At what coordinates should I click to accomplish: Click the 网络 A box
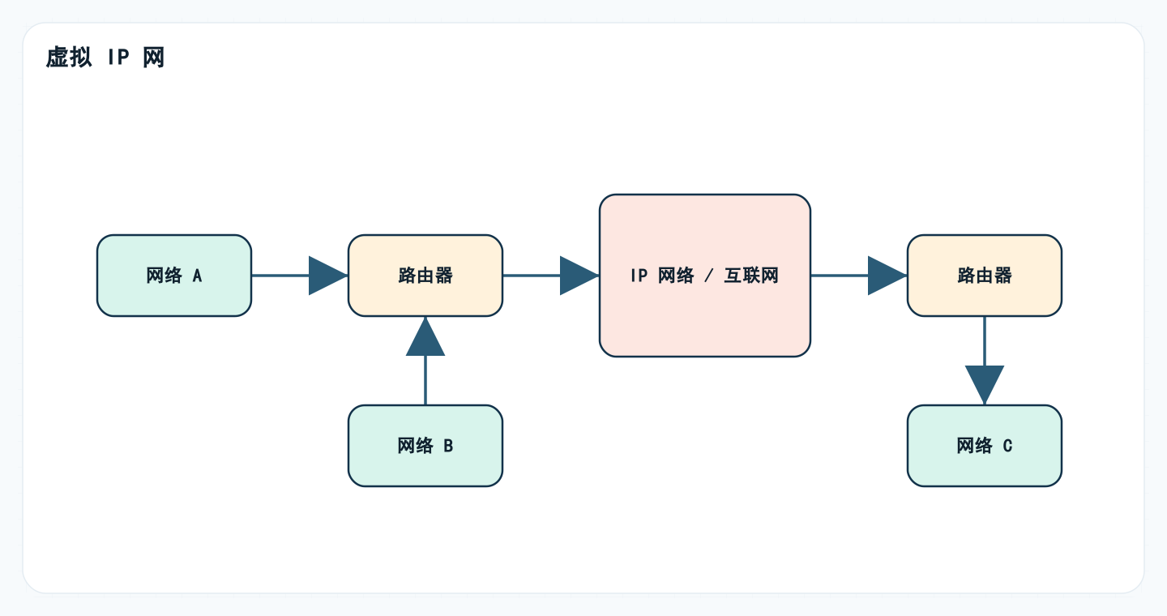pyautogui.click(x=174, y=276)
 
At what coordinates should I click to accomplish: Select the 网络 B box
pyautogui.click(x=425, y=446)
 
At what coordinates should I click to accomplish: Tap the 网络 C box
pyautogui.click(x=985, y=446)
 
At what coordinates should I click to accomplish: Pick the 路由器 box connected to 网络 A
pyautogui.click(x=425, y=276)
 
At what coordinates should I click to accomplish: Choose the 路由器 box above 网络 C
pyautogui.click(x=985, y=276)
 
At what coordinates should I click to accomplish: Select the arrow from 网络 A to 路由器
pyautogui.click(x=300, y=276)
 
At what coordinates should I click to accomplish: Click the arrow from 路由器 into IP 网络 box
pyautogui.click(x=551, y=276)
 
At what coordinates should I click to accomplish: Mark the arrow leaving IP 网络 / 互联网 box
pyautogui.click(x=859, y=276)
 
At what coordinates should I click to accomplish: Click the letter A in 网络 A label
pyautogui.click(x=197, y=276)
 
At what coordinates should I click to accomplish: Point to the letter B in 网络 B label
pyautogui.click(x=448, y=446)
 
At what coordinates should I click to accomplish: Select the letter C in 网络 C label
pyautogui.click(x=1007, y=446)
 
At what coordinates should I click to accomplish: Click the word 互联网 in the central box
pyautogui.click(x=751, y=276)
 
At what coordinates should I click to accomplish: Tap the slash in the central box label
pyautogui.click(x=709, y=276)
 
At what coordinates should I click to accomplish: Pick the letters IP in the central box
pyautogui.click(x=639, y=276)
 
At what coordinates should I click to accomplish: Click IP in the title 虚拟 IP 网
pyautogui.click(x=118, y=58)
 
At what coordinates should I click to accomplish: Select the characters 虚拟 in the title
pyautogui.click(x=69, y=58)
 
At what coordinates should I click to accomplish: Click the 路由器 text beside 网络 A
pyautogui.click(x=425, y=276)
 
